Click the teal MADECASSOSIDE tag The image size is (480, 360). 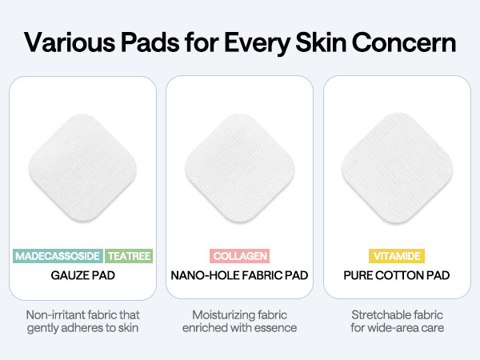(x=58, y=256)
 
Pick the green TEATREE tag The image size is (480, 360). (x=129, y=256)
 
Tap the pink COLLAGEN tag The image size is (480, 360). (x=240, y=256)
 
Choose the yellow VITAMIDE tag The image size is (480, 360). (x=397, y=256)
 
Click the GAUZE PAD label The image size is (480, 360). (x=82, y=276)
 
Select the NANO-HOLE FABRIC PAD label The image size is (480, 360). (x=240, y=276)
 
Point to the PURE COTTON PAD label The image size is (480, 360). (x=397, y=276)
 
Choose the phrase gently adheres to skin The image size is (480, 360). (x=82, y=328)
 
